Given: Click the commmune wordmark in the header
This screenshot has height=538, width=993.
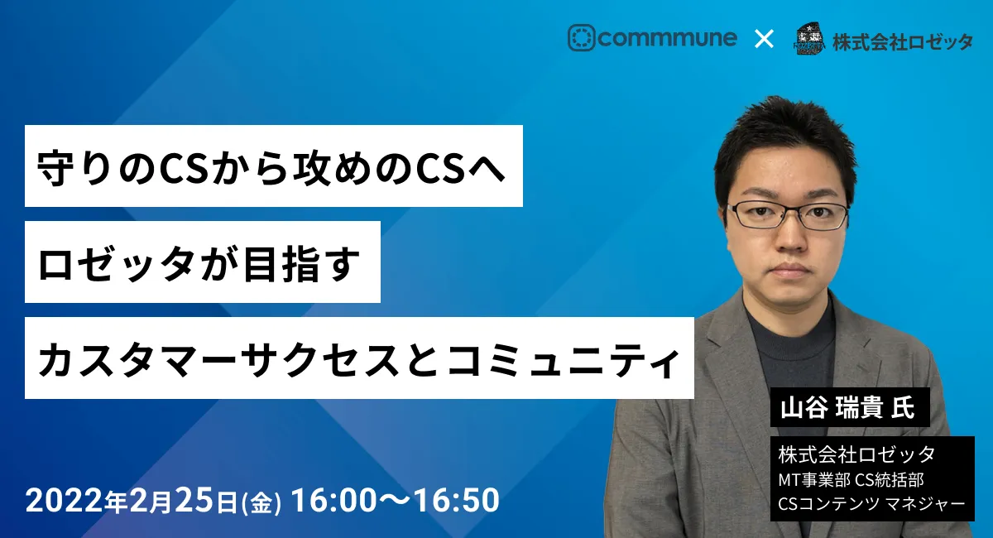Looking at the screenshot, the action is [668, 38].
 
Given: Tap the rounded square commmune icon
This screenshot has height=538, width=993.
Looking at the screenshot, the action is [581, 38].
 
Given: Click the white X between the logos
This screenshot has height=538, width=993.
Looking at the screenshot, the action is [764, 39].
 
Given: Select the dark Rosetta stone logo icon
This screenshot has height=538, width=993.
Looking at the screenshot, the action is [810, 39].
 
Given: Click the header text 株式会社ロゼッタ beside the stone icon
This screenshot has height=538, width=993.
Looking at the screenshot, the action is [903, 42].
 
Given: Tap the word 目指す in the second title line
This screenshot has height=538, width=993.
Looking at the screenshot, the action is [302, 264].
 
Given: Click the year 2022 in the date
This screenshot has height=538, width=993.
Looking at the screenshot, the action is [65, 500].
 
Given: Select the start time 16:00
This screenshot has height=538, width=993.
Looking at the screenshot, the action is [334, 500].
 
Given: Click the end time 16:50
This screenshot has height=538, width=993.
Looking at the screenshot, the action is [457, 500].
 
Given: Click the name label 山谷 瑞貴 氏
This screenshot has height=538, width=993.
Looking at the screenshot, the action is [847, 407].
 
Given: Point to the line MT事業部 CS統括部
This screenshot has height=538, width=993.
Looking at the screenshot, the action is [851, 480].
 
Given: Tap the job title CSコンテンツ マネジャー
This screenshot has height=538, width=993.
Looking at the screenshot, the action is [871, 504].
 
